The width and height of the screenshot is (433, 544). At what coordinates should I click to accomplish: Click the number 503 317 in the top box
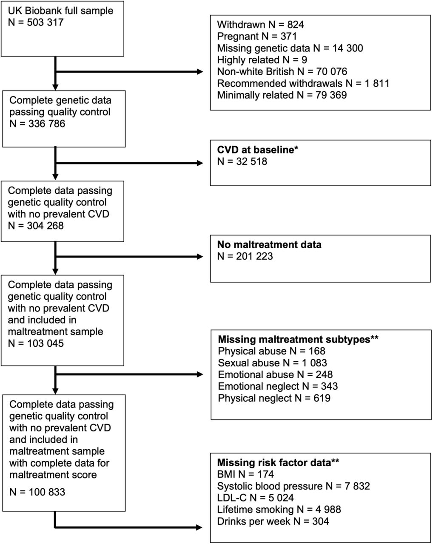tap(46, 22)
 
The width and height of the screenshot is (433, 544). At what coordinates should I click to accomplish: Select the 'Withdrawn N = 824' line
tap(260, 25)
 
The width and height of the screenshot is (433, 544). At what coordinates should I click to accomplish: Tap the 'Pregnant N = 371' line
tap(257, 36)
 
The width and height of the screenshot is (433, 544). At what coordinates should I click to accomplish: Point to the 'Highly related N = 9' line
tap(262, 59)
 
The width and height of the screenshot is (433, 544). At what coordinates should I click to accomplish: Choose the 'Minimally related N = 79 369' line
tap(282, 95)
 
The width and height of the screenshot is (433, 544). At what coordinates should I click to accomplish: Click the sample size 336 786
tap(47, 124)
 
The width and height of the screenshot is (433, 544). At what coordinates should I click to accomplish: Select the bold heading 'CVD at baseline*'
tap(258, 150)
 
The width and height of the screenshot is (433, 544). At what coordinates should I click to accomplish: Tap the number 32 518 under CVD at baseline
tap(251, 161)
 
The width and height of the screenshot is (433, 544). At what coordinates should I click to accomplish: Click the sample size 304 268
tap(46, 226)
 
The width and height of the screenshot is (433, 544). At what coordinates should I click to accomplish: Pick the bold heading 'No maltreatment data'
tap(269, 244)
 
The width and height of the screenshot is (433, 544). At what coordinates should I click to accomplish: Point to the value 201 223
tap(254, 256)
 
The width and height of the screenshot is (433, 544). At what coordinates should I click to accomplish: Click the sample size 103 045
tap(46, 343)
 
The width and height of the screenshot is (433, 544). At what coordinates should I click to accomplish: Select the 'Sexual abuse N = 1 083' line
tap(273, 363)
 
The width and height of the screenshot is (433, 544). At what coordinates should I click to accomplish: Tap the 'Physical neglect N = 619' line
tap(274, 398)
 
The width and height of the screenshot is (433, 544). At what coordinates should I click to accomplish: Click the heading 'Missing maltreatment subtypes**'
tap(298, 339)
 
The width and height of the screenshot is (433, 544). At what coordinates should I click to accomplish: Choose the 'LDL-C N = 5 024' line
tap(255, 498)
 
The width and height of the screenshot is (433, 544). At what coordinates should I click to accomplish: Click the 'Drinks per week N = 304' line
tap(273, 521)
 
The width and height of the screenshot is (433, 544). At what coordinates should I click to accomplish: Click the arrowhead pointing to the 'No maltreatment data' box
tap(200, 257)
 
